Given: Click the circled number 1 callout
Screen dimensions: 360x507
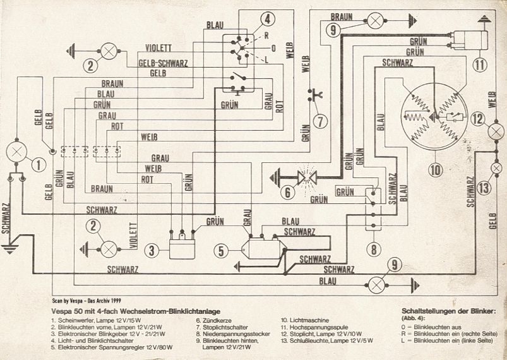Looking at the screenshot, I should coord(39,165).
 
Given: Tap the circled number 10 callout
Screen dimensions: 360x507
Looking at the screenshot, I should coord(434,169).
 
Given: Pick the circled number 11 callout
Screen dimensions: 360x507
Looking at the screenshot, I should coord(480,64).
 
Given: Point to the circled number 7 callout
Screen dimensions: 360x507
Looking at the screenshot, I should coord(320,120).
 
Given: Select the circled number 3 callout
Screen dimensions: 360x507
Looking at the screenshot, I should coord(152,251).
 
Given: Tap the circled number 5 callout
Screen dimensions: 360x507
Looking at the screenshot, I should coord(222,251).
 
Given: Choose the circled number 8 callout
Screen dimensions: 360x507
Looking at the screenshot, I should coord(374,249).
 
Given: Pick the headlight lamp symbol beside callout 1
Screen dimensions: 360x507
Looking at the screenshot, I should coord(15,152).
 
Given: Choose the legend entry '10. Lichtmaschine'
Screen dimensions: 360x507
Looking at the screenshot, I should coord(304,321).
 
